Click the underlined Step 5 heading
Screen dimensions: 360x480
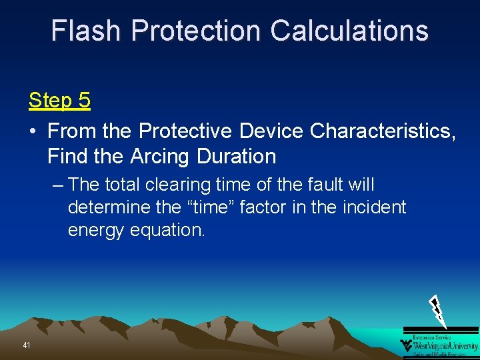[x=59, y=101]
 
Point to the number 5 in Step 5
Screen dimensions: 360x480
[x=84, y=101]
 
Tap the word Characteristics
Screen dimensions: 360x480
[x=383, y=131]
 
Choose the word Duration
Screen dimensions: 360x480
[x=237, y=157]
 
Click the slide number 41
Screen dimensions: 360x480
[x=27, y=345]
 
